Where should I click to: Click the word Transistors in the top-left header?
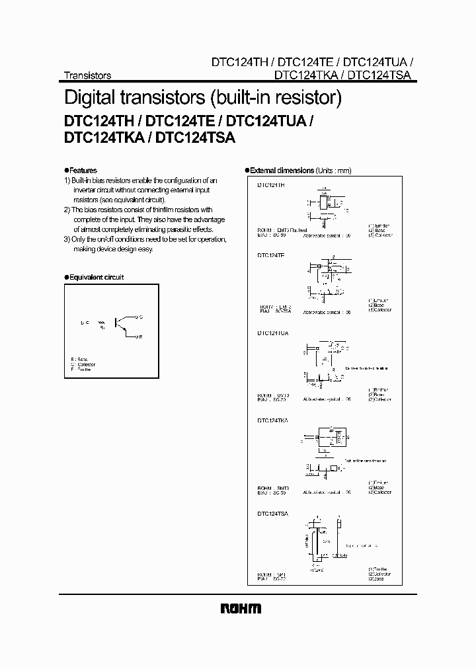click(x=87, y=75)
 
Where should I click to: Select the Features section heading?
click(x=83, y=170)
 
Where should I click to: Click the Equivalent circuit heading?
click(x=96, y=278)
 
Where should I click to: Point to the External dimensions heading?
click(x=282, y=171)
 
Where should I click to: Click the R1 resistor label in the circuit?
click(x=101, y=327)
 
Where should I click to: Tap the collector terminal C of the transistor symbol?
click(x=138, y=317)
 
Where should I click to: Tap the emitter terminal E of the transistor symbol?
click(x=138, y=338)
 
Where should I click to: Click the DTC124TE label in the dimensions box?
click(x=271, y=255)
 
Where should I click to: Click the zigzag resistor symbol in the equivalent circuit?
click(x=100, y=321)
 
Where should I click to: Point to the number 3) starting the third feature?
click(x=67, y=239)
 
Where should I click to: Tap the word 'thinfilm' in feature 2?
click(x=171, y=210)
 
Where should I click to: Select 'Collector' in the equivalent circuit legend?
click(x=86, y=364)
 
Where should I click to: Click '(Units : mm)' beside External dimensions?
click(x=335, y=171)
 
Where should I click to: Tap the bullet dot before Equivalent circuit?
click(x=66, y=278)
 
